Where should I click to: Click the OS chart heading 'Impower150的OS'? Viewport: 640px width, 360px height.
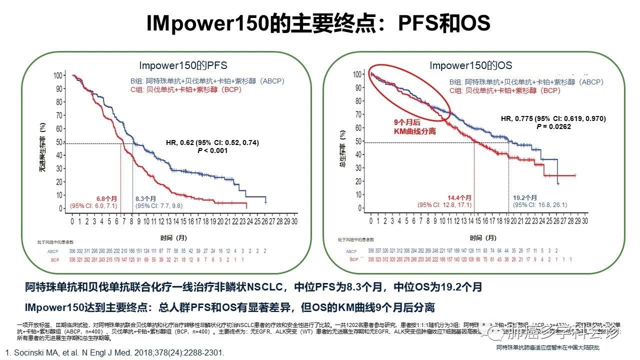pos(471,65)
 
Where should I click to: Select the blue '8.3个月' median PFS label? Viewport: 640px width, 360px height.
pos(146,198)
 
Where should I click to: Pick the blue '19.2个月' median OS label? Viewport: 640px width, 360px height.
pos(525,197)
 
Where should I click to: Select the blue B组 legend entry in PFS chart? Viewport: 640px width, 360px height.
pos(207,81)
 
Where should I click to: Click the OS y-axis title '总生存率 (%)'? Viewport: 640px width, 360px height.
pos(342,145)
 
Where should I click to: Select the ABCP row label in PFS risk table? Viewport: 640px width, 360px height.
pos(52,251)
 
